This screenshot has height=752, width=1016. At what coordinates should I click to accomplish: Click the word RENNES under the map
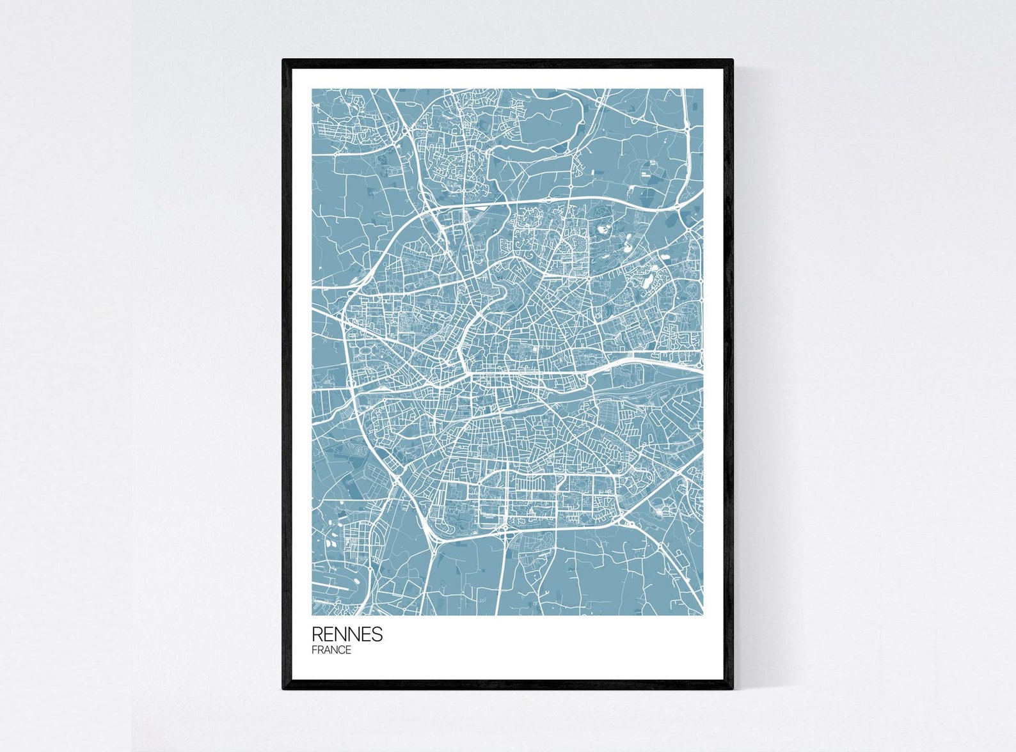click(347, 634)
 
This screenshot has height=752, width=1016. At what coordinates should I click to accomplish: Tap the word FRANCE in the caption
click(331, 650)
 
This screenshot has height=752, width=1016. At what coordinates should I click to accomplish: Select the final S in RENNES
click(377, 634)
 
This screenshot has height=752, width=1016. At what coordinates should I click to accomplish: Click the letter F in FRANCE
click(314, 650)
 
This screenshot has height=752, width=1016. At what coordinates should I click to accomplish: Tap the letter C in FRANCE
click(341, 650)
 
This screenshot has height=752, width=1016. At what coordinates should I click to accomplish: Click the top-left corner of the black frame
click(283, 60)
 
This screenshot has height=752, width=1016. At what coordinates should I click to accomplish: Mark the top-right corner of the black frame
click(732, 60)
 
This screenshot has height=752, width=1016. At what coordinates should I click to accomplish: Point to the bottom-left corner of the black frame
click(283, 689)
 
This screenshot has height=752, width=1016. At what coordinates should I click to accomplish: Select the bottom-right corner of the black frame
click(732, 689)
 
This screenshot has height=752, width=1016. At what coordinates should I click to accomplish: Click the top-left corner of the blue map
click(313, 90)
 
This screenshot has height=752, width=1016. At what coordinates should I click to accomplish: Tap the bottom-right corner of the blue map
click(702, 615)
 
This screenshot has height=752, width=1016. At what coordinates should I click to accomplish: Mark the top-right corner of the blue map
click(702, 90)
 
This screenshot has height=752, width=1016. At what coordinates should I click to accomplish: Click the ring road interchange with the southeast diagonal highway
click(630, 524)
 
